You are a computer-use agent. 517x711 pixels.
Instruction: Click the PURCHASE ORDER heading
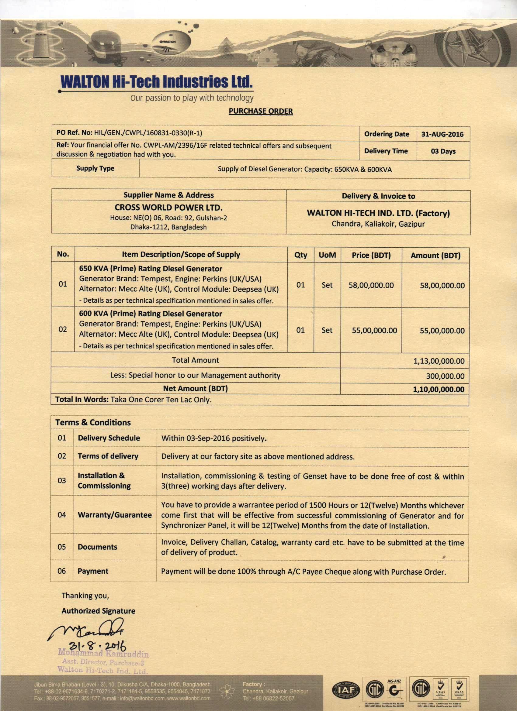[x=260, y=111]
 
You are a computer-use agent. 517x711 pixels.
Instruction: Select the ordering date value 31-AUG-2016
[x=442, y=134]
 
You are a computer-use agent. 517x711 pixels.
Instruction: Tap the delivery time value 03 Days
[x=443, y=151]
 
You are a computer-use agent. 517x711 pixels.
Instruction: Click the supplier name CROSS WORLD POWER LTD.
[x=168, y=208]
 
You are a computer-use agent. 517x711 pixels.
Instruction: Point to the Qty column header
[x=300, y=255]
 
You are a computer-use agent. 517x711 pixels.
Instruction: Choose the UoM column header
[x=327, y=255]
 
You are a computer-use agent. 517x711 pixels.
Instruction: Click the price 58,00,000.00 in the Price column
[x=371, y=285]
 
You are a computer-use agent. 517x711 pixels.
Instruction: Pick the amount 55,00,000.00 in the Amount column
[x=442, y=330]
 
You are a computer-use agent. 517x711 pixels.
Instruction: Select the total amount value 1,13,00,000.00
[x=439, y=361]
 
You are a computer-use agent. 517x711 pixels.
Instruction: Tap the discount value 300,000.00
[x=445, y=376]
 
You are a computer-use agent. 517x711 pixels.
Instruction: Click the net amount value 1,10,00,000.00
[x=439, y=389]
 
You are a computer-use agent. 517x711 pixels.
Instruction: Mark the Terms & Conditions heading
[x=93, y=423]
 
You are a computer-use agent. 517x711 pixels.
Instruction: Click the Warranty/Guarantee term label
[x=115, y=515]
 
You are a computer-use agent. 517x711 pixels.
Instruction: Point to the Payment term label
[x=93, y=571]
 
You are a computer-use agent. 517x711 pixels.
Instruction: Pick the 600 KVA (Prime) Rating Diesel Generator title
[x=150, y=314]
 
